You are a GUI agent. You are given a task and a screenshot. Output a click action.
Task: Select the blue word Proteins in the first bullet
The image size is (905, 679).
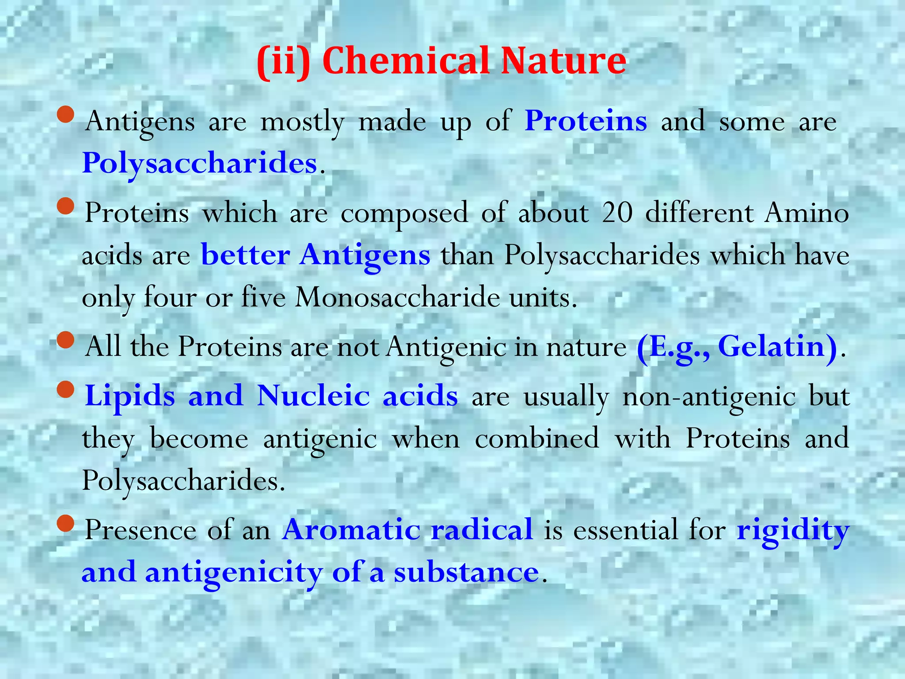586,121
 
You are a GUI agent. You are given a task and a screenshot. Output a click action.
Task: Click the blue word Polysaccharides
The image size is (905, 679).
200,164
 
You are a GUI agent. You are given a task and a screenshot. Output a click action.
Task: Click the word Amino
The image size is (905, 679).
807,213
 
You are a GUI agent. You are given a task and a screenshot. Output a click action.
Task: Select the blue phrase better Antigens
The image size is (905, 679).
316,256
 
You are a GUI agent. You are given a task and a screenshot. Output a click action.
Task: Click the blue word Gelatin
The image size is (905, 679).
772,347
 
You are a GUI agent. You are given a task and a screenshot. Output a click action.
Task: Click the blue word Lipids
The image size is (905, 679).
130,395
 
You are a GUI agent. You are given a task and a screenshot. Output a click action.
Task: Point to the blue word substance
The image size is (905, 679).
466,572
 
